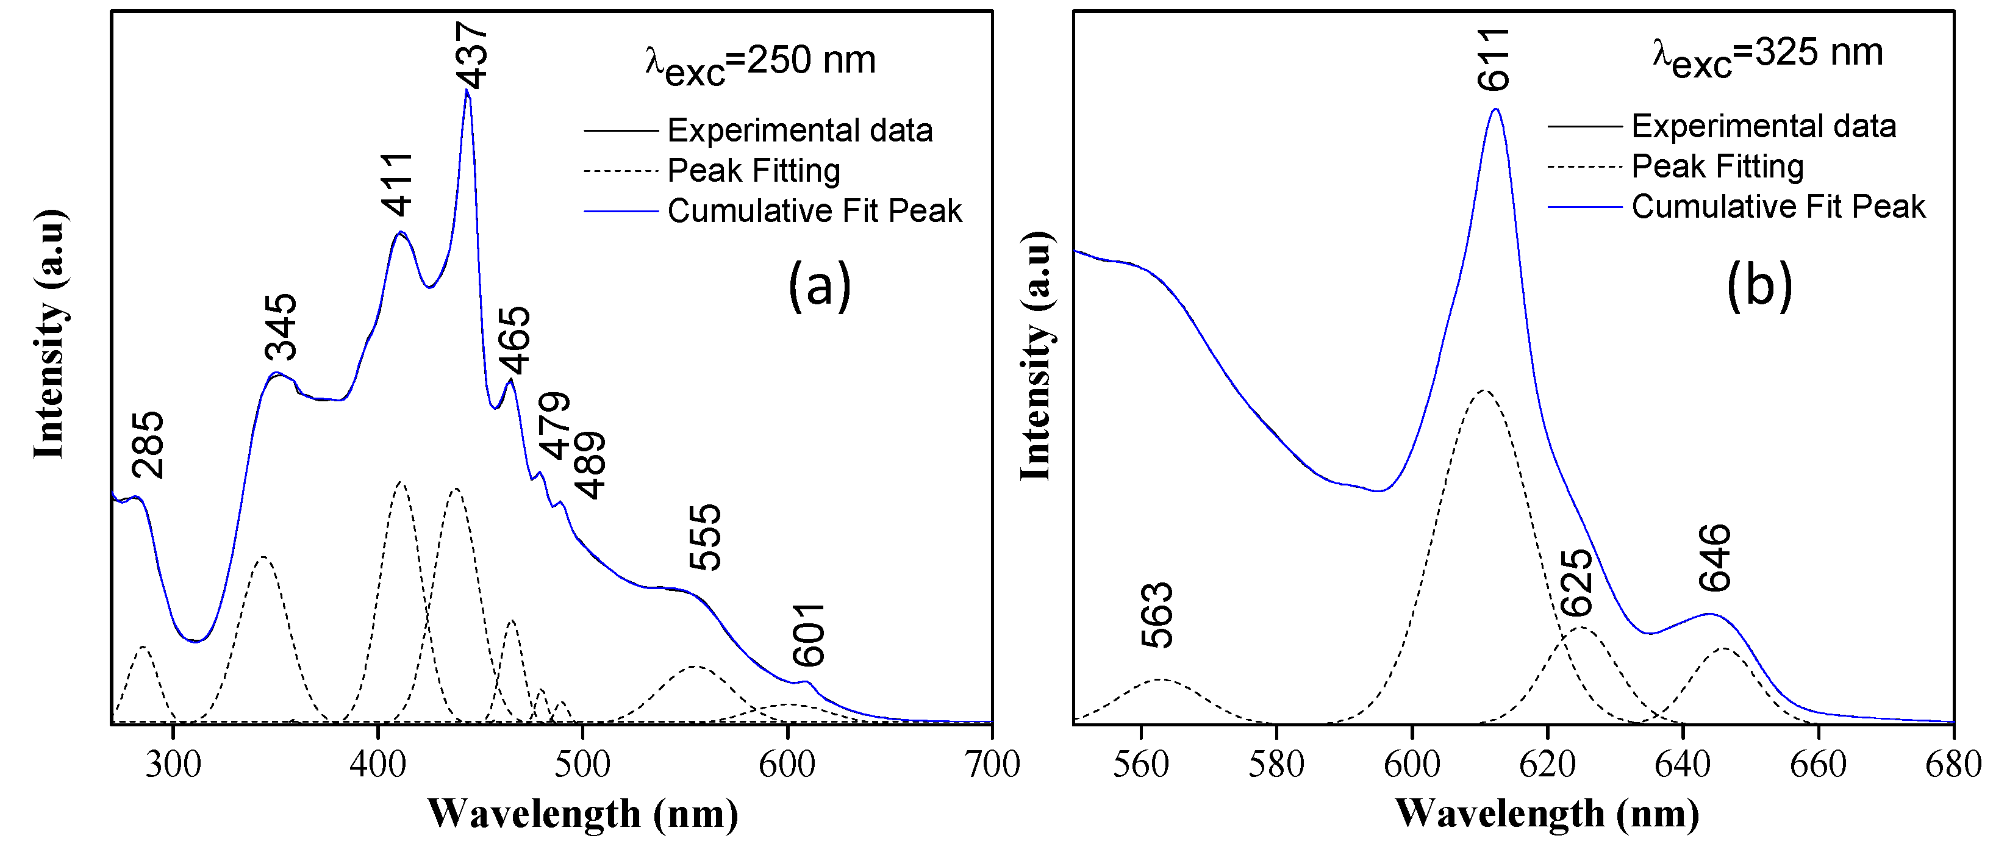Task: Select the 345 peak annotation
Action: [x=281, y=327]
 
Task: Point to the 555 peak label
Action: [x=705, y=537]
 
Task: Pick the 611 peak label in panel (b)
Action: [x=1494, y=59]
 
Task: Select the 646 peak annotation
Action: [x=1715, y=557]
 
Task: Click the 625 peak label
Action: [x=1577, y=582]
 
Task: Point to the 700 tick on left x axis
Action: [x=992, y=764]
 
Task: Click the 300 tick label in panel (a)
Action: [x=173, y=764]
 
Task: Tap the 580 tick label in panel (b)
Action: [x=1276, y=764]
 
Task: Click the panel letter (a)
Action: [x=820, y=285]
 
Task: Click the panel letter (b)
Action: [x=1759, y=285]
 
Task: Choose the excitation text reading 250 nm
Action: [x=761, y=62]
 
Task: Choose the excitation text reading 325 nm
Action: [x=1768, y=56]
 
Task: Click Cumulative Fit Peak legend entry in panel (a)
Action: [x=814, y=210]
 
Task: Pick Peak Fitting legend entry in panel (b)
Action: [x=1717, y=166]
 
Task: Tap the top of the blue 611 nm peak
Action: [x=1495, y=109]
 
